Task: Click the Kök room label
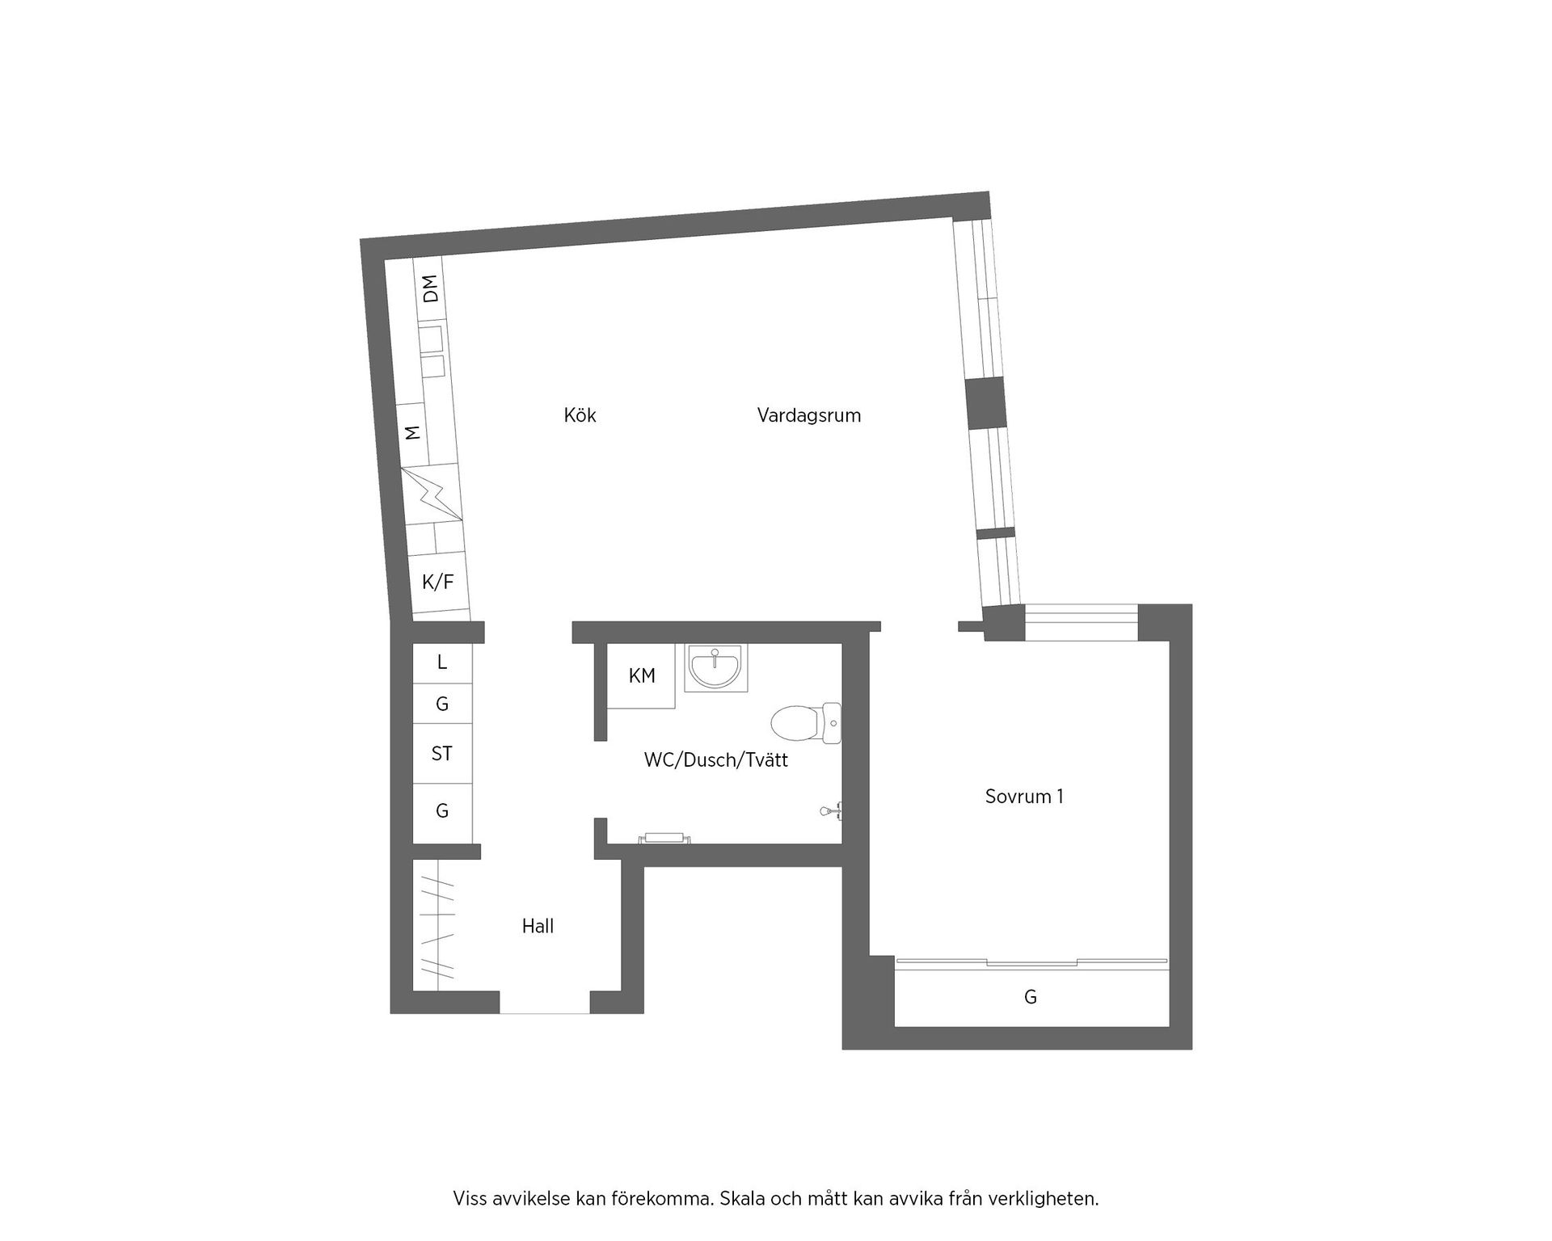click(x=580, y=415)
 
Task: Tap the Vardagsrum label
click(x=808, y=415)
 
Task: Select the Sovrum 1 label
click(x=1023, y=796)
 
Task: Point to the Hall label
click(x=538, y=926)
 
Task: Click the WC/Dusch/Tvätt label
click(x=715, y=759)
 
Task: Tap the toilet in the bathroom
click(x=804, y=722)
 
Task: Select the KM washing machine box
click(x=642, y=675)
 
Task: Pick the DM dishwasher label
click(x=431, y=288)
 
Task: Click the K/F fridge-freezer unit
click(x=438, y=581)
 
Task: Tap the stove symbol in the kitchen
click(x=432, y=494)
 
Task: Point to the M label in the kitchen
click(x=413, y=432)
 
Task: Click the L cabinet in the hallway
click(x=441, y=663)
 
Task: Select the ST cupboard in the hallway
click(x=441, y=754)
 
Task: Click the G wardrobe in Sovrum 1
click(x=1031, y=997)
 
